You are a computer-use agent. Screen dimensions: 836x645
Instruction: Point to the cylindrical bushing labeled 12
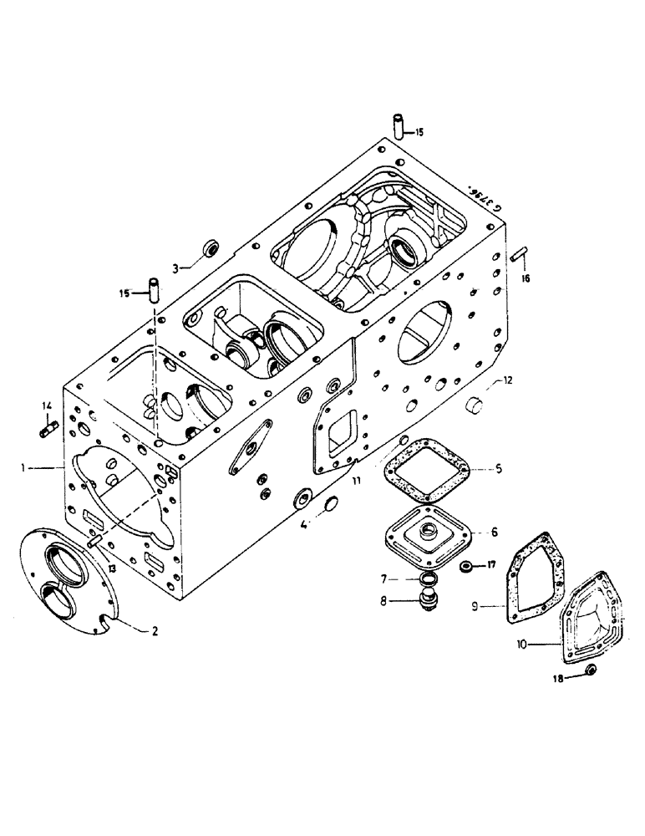tap(475, 407)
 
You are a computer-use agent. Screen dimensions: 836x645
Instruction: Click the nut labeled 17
tap(468, 568)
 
